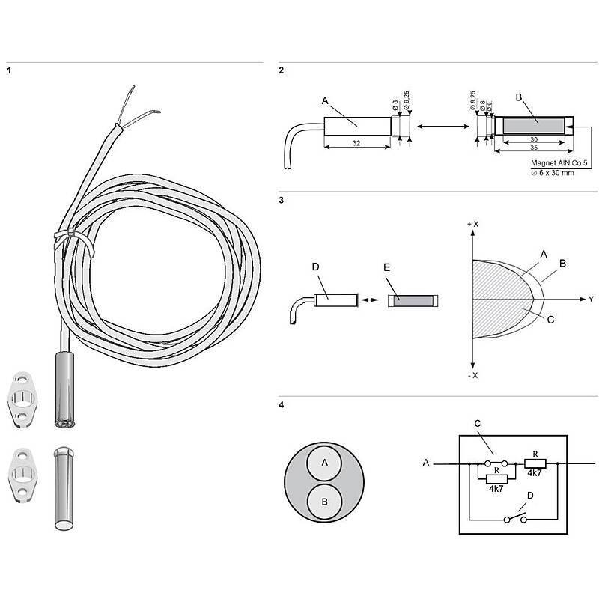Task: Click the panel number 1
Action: click(8, 71)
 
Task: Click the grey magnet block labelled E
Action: click(412, 300)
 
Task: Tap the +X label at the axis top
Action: click(471, 225)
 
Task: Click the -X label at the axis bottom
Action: click(471, 374)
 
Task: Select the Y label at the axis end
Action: click(590, 299)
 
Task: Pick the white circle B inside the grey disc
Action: click(324, 500)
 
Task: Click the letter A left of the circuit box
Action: click(425, 463)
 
